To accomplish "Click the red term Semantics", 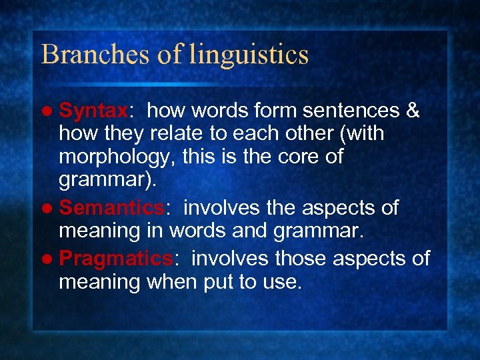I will pyautogui.click(x=117, y=208).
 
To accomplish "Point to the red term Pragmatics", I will pyautogui.click(x=116, y=258).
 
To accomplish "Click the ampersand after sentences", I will pyautogui.click(x=412, y=111).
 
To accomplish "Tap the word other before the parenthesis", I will pyautogui.click(x=312, y=134).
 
